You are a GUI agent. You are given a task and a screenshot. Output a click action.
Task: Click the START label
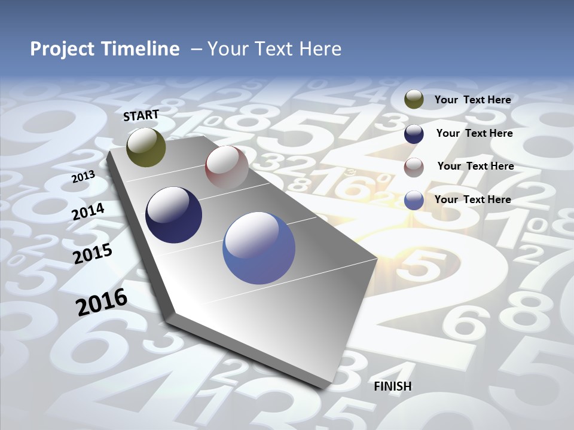[x=141, y=115]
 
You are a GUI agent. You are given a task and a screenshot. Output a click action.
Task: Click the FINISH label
[x=393, y=386]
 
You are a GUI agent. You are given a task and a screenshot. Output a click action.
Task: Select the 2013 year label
[x=83, y=177]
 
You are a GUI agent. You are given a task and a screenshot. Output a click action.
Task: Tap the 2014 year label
[x=88, y=212]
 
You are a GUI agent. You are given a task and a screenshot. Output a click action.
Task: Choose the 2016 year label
[x=102, y=302]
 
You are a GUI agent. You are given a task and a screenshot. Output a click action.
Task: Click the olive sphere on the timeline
[x=146, y=148]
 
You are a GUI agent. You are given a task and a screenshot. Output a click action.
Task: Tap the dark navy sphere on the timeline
[x=173, y=215]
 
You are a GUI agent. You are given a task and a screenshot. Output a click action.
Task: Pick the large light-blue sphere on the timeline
[x=259, y=248]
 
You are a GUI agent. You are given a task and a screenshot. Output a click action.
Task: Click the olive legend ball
[x=414, y=100]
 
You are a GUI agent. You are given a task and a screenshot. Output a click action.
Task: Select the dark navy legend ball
[x=414, y=134]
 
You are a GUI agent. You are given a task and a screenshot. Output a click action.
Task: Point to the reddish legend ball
[x=414, y=167]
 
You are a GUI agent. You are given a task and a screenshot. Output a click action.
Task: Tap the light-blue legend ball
[x=414, y=200]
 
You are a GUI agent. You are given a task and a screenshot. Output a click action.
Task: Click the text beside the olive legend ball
[x=472, y=100]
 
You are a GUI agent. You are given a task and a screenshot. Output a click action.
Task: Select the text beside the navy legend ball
[x=474, y=133]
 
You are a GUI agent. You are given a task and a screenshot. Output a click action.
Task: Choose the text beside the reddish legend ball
[x=475, y=166]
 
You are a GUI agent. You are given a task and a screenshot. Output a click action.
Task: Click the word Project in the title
[x=63, y=49]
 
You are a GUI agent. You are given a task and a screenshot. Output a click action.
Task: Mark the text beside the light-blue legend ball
[x=472, y=199]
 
